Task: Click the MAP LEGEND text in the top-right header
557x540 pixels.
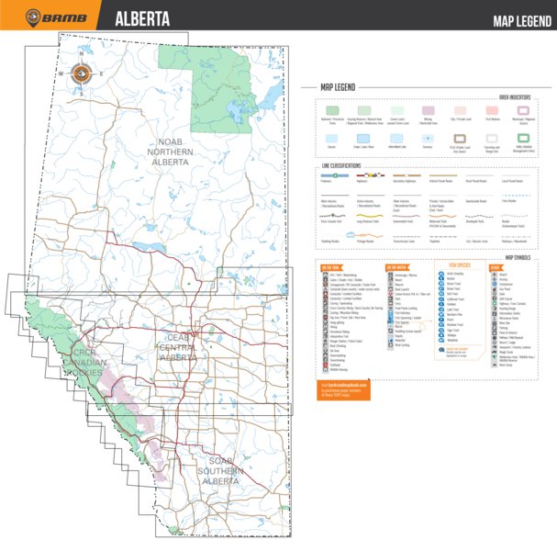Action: (518, 21)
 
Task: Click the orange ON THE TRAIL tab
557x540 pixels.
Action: (332, 266)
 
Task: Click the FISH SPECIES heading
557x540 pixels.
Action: (460, 266)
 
